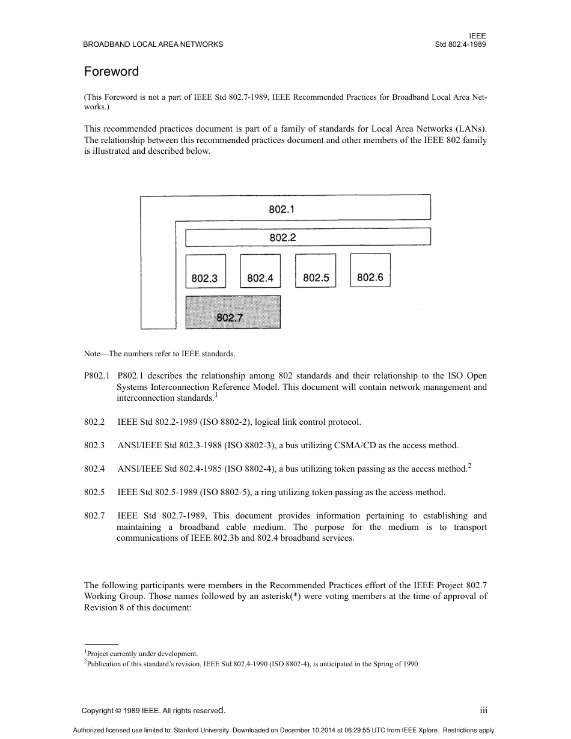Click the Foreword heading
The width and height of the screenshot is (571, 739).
[111, 71]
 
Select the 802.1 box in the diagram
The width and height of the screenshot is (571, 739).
[282, 209]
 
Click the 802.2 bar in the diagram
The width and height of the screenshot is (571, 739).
[282, 237]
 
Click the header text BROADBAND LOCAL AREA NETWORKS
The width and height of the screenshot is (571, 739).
[153, 44]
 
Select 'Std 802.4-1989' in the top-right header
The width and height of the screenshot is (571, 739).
[460, 44]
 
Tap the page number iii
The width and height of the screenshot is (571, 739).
[483, 710]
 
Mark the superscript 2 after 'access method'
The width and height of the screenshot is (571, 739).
[469, 465]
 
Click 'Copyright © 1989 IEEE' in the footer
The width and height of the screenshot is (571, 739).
[120, 711]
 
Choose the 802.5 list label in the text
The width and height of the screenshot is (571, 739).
[94, 492]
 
